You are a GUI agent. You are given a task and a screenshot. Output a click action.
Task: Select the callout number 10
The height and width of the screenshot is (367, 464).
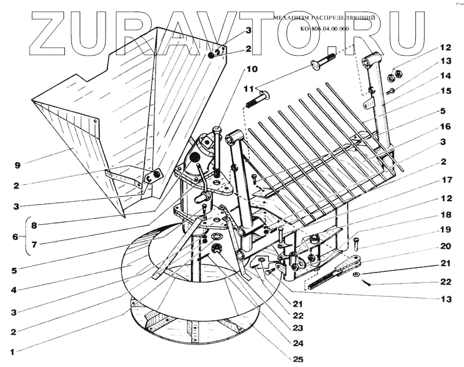[x=251, y=69]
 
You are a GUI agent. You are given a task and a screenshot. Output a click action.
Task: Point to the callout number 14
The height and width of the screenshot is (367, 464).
[x=445, y=76]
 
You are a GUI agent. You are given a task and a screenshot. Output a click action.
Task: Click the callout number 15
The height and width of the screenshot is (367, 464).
[x=445, y=91]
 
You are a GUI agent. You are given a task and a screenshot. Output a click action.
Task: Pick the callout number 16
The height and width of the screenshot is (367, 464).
[x=445, y=125]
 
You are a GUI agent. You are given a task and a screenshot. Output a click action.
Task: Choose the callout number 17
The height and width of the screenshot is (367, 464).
[x=445, y=180]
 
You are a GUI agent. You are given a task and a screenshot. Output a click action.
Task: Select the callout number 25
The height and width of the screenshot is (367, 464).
[x=298, y=359]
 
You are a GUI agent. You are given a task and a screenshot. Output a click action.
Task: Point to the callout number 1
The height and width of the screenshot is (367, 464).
[x=13, y=351]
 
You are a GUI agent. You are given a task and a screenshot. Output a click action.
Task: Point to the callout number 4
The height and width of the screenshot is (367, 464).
[x=12, y=288]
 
